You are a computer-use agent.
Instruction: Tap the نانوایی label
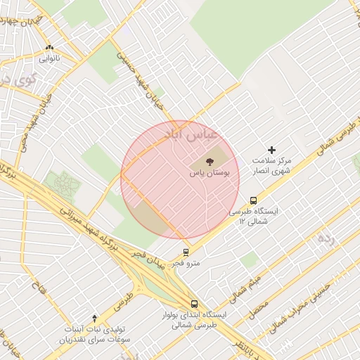click(x=49, y=58)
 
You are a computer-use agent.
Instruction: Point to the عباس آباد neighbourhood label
click(x=191, y=132)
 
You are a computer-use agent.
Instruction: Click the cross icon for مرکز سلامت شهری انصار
click(x=272, y=150)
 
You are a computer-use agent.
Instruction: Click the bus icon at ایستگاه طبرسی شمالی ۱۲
click(x=254, y=200)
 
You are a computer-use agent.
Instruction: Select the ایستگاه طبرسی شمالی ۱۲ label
click(x=254, y=216)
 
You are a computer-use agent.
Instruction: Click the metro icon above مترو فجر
click(x=186, y=252)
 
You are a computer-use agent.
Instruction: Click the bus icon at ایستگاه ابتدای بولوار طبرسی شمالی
click(x=194, y=304)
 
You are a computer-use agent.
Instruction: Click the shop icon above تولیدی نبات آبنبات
click(x=95, y=318)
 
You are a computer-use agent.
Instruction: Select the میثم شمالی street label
click(x=248, y=280)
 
